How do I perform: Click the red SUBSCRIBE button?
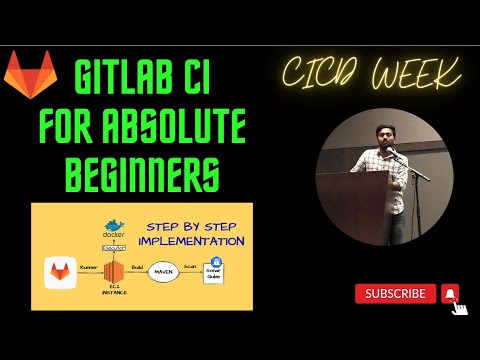click(x=396, y=294)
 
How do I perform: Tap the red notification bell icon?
click(x=450, y=294)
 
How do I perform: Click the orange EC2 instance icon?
click(x=113, y=272)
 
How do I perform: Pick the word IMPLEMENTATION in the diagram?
click(x=191, y=241)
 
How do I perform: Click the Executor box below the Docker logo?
click(x=113, y=246)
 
